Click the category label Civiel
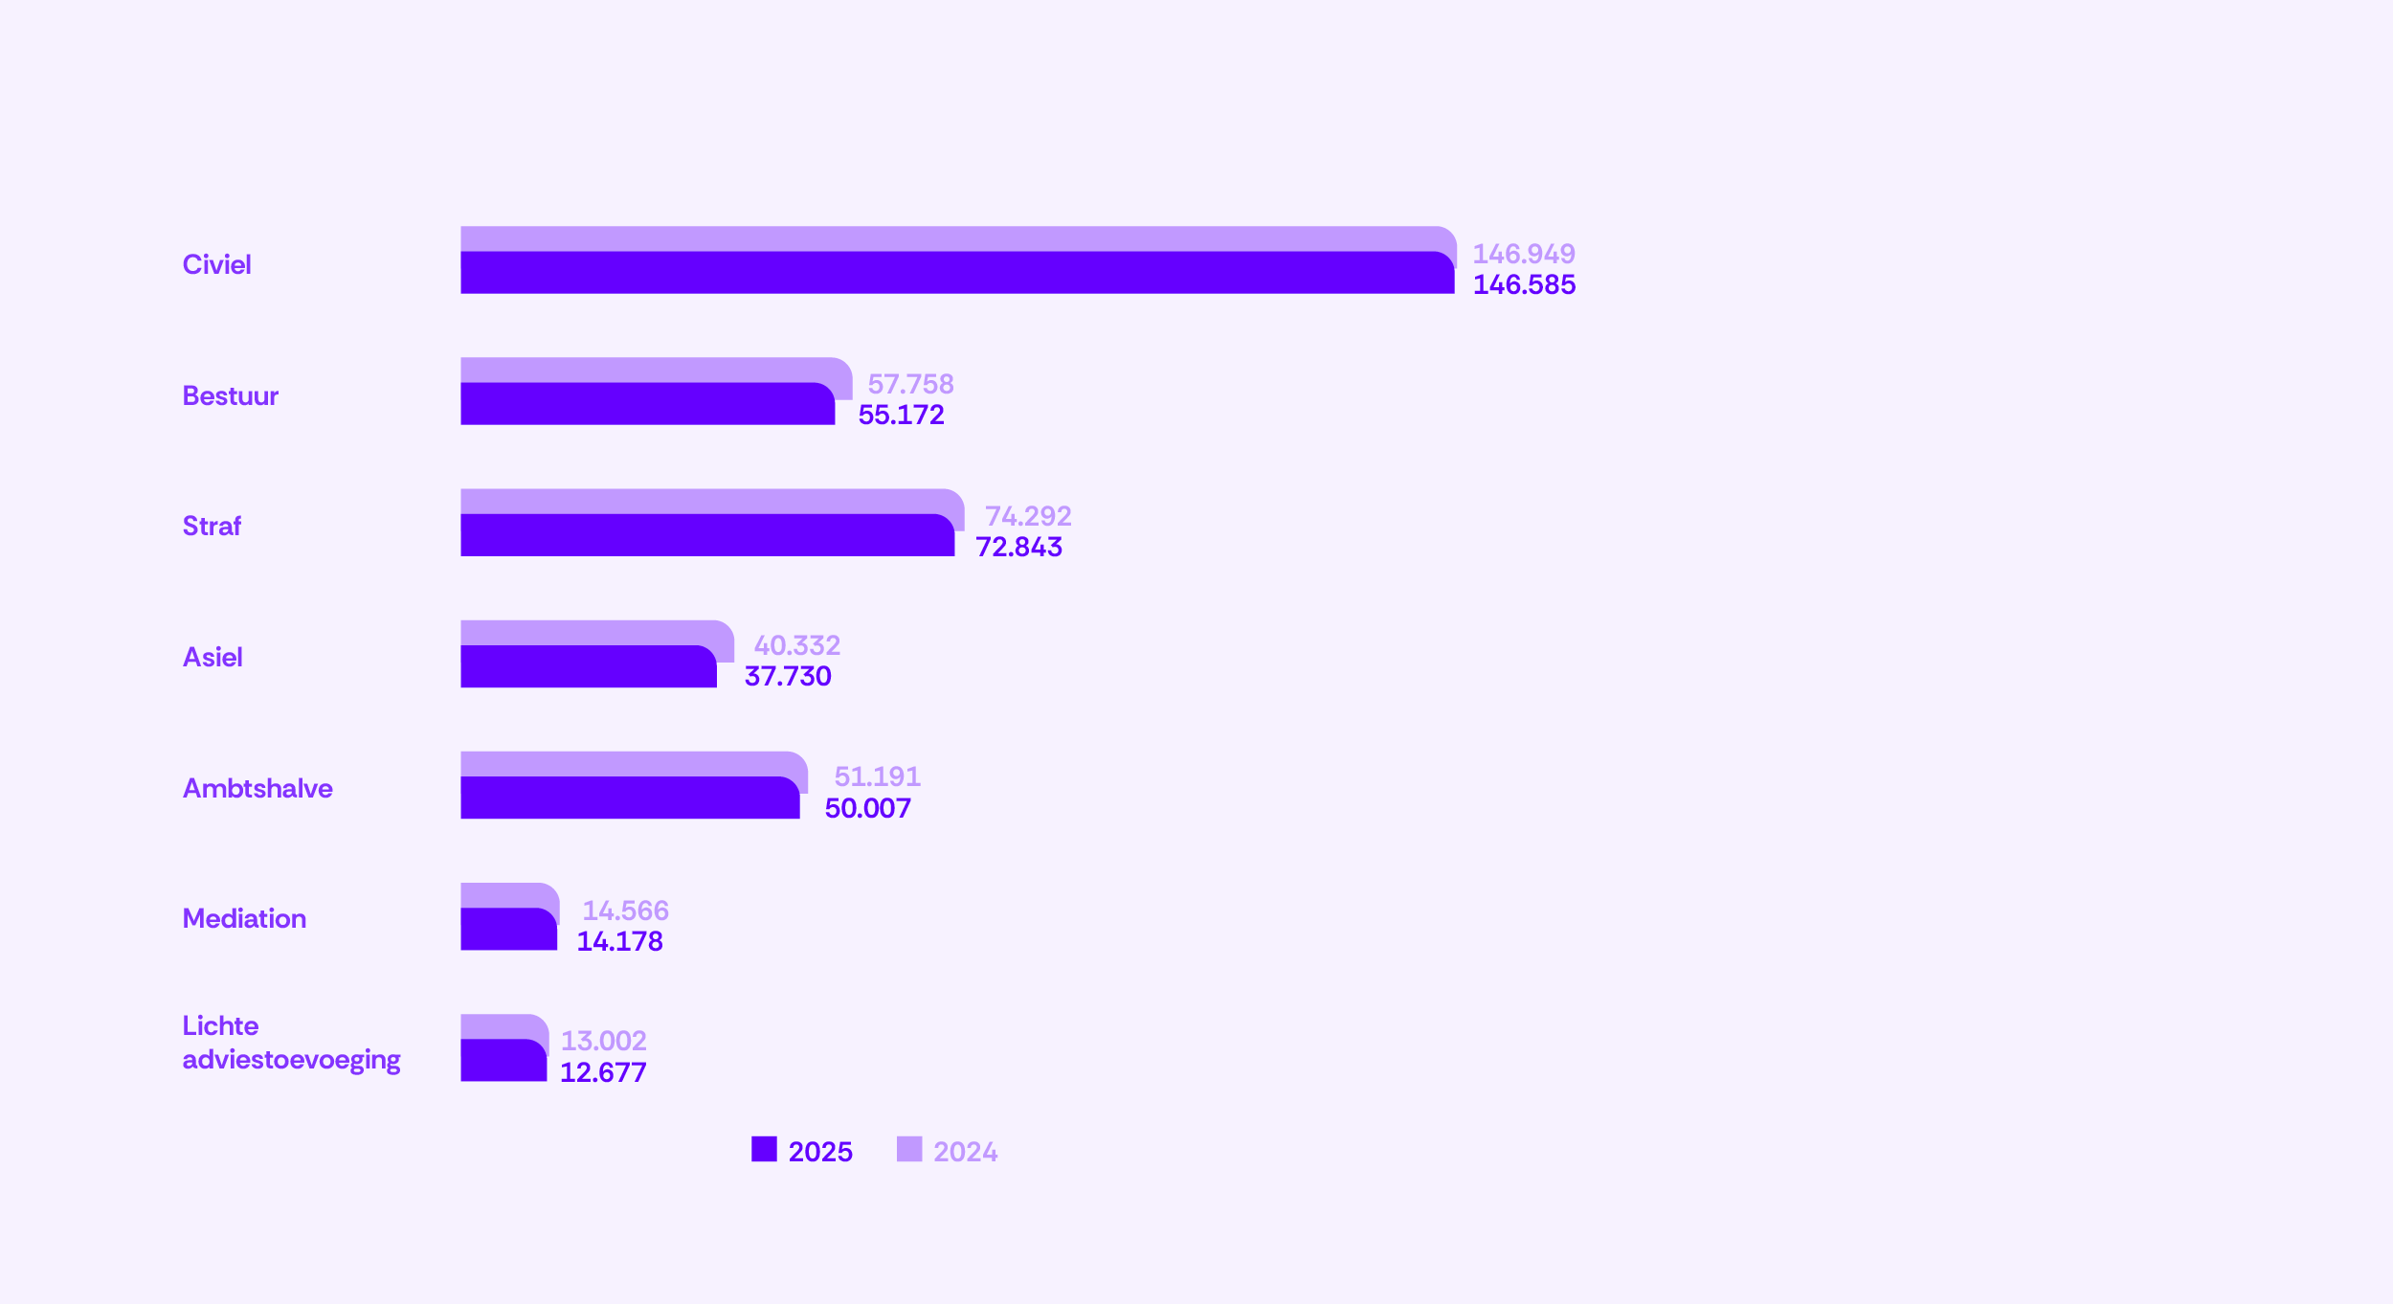[216, 265]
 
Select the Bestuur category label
[230, 396]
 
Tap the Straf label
[212, 527]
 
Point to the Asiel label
[212, 658]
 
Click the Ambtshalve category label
[257, 789]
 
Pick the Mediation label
[244, 919]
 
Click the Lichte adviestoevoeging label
[291, 1044]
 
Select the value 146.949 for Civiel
[1523, 254]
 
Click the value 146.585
[1524, 284]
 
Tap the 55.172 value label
[901, 416]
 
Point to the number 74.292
[1028, 516]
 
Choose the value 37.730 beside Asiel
[788, 677]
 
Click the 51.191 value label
[877, 776]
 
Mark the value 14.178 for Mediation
[619, 942]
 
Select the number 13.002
[603, 1041]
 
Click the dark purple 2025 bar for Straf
[706, 537]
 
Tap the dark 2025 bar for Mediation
[508, 931]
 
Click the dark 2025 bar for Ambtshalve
[629, 799]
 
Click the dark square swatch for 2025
[764, 1150]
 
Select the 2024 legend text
[965, 1152]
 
